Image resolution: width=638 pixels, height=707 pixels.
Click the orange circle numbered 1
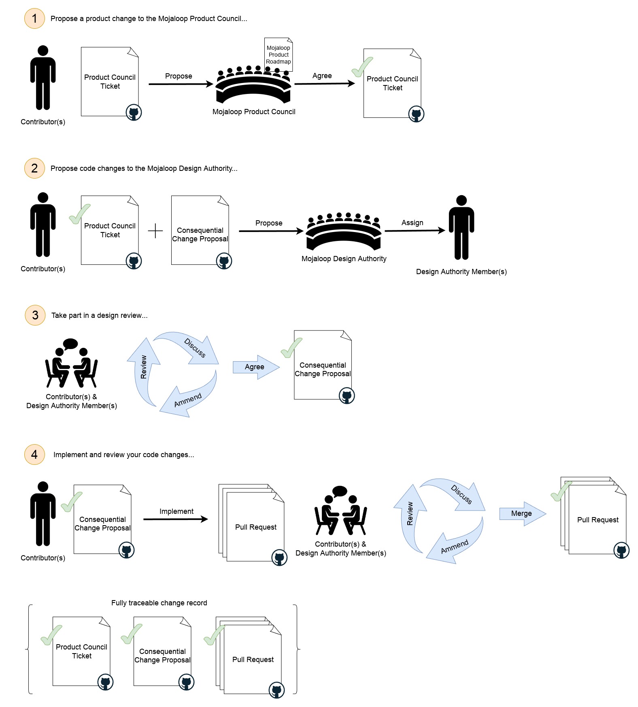(x=34, y=19)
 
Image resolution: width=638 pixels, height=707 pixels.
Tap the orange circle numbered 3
(x=35, y=315)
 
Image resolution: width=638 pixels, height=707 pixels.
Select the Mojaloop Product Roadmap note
(x=278, y=55)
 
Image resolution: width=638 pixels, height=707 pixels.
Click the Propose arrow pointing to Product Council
(x=181, y=84)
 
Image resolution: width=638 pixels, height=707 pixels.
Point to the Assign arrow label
(x=412, y=223)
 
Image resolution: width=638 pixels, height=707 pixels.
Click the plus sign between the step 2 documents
(x=155, y=231)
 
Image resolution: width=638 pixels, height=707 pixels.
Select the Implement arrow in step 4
(x=175, y=519)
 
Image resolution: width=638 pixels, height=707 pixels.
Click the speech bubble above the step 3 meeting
(x=70, y=344)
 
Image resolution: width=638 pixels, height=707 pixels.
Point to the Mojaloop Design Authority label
(x=344, y=259)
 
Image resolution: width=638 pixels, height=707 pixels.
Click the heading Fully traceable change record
(x=159, y=603)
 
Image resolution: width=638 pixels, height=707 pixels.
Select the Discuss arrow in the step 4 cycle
(x=457, y=492)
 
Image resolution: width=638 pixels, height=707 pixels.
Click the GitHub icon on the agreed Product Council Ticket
(x=416, y=114)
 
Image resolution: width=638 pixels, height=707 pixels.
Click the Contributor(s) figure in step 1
(x=43, y=78)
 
